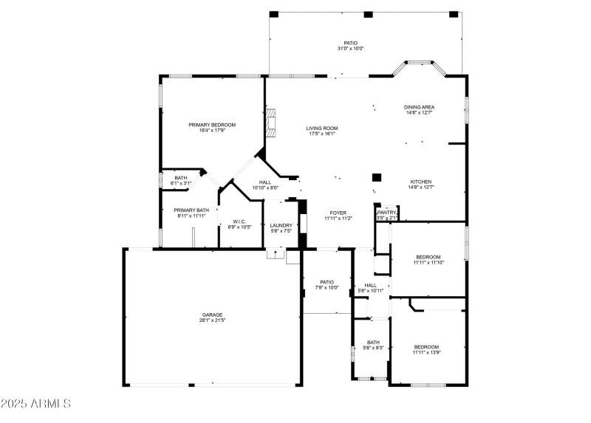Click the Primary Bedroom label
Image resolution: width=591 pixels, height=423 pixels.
click(211, 125)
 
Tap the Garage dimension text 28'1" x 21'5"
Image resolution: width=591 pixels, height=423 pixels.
click(211, 320)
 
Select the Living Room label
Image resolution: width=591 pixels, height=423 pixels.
click(322, 128)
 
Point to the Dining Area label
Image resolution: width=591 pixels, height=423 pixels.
click(419, 107)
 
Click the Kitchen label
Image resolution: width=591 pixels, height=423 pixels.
click(421, 182)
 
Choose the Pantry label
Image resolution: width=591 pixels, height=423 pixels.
click(387, 212)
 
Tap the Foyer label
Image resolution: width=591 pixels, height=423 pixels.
click(338, 213)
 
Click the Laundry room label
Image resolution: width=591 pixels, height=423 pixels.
click(281, 225)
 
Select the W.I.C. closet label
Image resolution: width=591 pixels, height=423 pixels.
click(239, 221)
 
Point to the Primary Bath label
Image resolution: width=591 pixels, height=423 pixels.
click(191, 210)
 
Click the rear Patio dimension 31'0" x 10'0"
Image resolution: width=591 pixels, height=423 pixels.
click(350, 49)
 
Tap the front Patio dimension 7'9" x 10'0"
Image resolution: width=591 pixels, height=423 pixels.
click(327, 287)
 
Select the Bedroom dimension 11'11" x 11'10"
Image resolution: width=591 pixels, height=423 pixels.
click(428, 262)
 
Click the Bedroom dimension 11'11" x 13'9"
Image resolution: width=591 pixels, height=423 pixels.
click(426, 352)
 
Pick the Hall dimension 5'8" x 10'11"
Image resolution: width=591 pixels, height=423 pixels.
click(371, 290)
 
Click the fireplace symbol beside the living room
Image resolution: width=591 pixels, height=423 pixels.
click(272, 123)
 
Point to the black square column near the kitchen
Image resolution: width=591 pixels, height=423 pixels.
click(377, 177)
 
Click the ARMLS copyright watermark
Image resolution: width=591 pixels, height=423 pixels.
click(35, 404)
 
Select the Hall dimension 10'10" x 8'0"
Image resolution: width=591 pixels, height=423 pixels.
click(264, 188)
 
